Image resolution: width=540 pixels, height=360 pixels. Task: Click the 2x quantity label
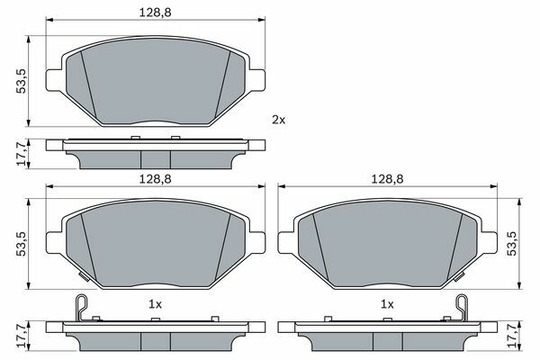coord(279,120)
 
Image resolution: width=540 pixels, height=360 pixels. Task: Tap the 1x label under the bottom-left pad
coord(155,304)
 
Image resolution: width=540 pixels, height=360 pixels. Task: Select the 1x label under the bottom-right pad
coord(387,304)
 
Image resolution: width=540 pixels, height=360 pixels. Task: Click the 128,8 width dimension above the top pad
coord(156,13)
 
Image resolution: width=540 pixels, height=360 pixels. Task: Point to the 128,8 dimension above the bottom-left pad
coord(156,179)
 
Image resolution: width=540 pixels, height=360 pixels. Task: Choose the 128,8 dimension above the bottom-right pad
coord(387,179)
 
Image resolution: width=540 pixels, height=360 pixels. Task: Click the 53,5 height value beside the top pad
coord(22,81)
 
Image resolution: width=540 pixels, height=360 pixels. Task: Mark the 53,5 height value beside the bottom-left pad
coord(22,244)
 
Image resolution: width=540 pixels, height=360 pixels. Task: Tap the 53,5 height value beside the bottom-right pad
coord(512,244)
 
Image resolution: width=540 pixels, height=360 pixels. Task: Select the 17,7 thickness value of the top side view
coord(22,154)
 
